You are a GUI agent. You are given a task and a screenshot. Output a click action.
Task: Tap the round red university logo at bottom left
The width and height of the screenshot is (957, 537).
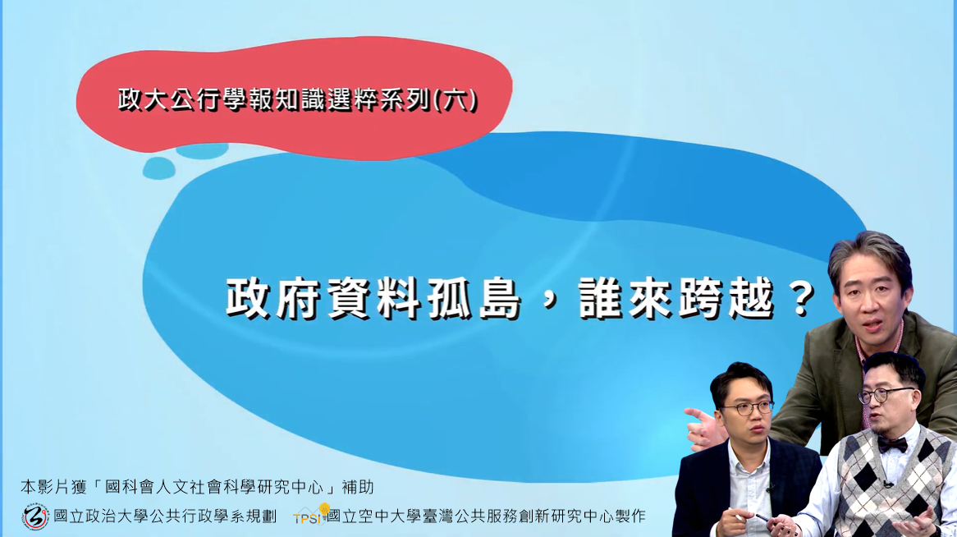pyautogui.click(x=34, y=516)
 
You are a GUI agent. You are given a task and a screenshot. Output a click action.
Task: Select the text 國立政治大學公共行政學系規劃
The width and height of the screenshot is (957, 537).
pyautogui.click(x=164, y=516)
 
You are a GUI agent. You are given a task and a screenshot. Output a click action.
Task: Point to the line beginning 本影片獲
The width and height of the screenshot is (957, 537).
pyautogui.click(x=197, y=487)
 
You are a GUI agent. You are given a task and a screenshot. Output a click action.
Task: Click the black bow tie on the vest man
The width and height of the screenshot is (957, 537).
pyautogui.click(x=892, y=444)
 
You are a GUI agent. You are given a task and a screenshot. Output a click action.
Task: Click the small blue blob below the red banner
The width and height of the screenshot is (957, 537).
pyautogui.click(x=159, y=168)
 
